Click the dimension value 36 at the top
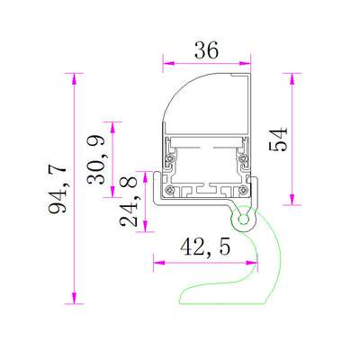[x=206, y=51]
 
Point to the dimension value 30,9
[x=97, y=159]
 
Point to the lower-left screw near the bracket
[x=169, y=189]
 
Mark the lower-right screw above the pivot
[x=243, y=189]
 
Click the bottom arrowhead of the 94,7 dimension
[x=73, y=301]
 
